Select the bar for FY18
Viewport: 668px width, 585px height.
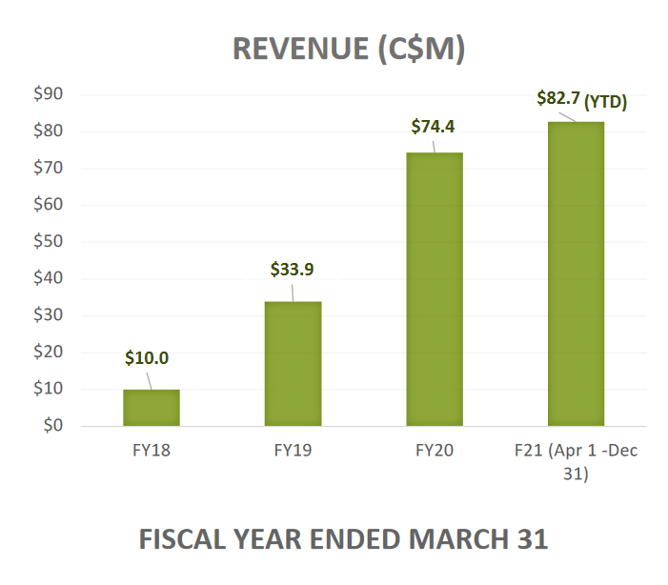[152, 408]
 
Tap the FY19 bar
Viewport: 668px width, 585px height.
[293, 364]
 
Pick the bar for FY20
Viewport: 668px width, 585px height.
[435, 289]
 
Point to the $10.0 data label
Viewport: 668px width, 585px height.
[147, 358]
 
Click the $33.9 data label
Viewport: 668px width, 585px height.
[292, 269]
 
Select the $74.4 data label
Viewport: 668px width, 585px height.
[434, 126]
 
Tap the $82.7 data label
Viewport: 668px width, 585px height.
[556, 97]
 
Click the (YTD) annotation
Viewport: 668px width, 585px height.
[605, 100]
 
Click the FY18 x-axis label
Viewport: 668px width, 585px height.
[152, 450]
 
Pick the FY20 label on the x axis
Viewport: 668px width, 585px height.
[435, 450]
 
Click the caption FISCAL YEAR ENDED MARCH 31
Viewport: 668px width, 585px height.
[343, 539]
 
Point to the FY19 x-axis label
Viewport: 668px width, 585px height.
[293, 450]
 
